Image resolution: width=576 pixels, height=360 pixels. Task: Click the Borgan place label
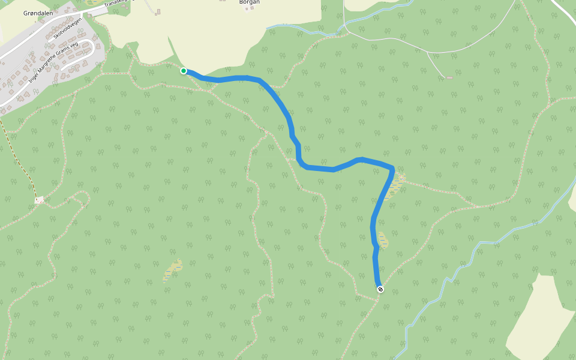[249, 2]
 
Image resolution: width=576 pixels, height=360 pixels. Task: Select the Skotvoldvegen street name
[67, 29]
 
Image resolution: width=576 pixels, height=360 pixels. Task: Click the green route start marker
[184, 71]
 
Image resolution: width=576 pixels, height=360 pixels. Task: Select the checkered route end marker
[380, 289]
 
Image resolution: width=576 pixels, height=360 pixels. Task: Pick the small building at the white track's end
[449, 77]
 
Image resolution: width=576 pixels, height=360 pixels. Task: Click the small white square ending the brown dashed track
[40, 200]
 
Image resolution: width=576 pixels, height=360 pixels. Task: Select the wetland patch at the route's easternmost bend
[396, 186]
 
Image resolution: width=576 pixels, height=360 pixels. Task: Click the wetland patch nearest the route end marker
[382, 240]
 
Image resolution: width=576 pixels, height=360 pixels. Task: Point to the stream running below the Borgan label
[300, 26]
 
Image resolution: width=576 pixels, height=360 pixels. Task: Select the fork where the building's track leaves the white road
[427, 52]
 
